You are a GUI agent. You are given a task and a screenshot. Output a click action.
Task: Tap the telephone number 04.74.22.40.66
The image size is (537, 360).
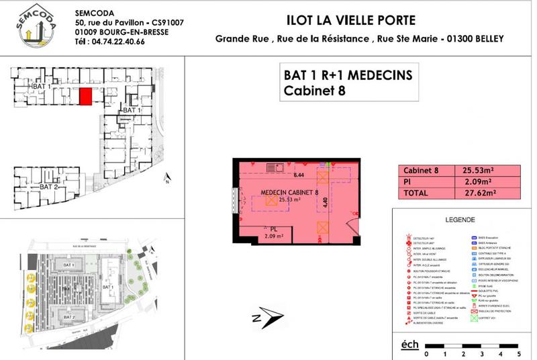click(117, 42)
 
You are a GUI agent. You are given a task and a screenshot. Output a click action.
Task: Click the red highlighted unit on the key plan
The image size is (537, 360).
click(85, 97)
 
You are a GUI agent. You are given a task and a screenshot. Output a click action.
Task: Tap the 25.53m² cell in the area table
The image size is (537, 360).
click(473, 170)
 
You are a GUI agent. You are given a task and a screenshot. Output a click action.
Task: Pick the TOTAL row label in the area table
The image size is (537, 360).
click(417, 193)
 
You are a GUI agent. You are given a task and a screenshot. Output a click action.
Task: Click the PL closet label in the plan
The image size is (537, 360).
click(273, 228)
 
